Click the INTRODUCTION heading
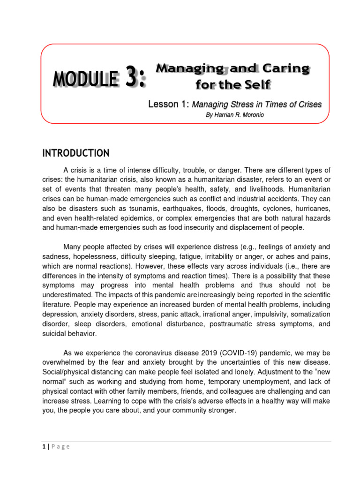click(x=76, y=153)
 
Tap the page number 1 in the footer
click(x=43, y=446)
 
